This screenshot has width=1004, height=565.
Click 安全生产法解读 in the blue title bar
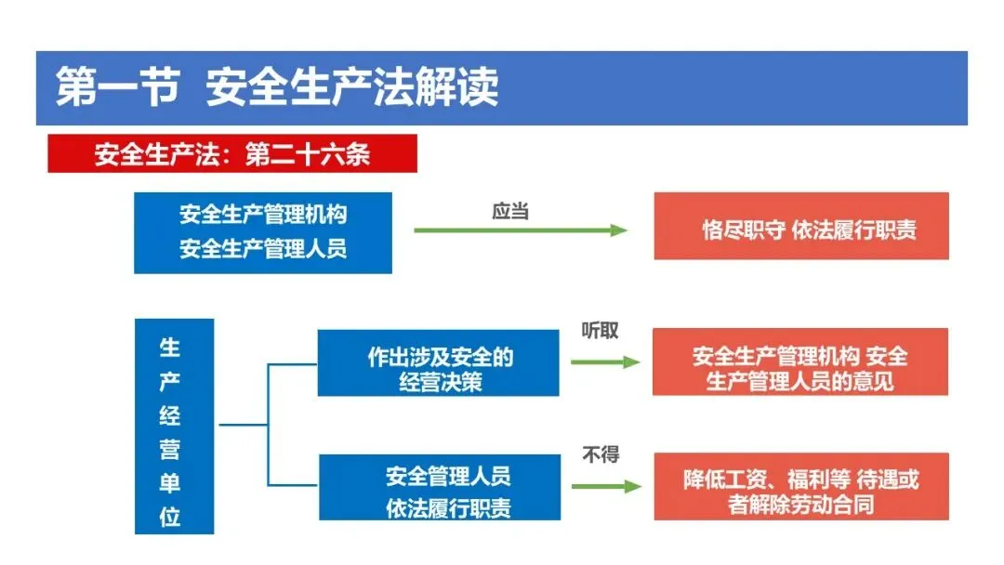pyautogui.click(x=352, y=87)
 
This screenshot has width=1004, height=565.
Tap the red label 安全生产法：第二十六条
pyautogui.click(x=231, y=154)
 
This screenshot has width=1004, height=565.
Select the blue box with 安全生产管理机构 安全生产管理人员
pyautogui.click(x=263, y=231)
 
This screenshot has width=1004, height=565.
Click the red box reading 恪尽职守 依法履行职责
pyautogui.click(x=800, y=226)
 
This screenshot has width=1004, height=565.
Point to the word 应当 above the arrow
pyautogui.click(x=510, y=211)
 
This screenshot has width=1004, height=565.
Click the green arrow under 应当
pyautogui.click(x=521, y=230)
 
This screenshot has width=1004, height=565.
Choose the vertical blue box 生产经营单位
pyautogui.click(x=174, y=426)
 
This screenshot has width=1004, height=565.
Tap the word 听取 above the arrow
pyautogui.click(x=600, y=331)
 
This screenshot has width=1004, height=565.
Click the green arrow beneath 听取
pyautogui.click(x=605, y=361)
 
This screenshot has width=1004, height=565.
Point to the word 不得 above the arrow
pyautogui.click(x=601, y=455)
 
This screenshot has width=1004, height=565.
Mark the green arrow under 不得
pyautogui.click(x=605, y=486)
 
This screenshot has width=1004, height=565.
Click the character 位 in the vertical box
pyautogui.click(x=170, y=517)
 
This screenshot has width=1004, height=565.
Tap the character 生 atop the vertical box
pyautogui.click(x=170, y=348)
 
